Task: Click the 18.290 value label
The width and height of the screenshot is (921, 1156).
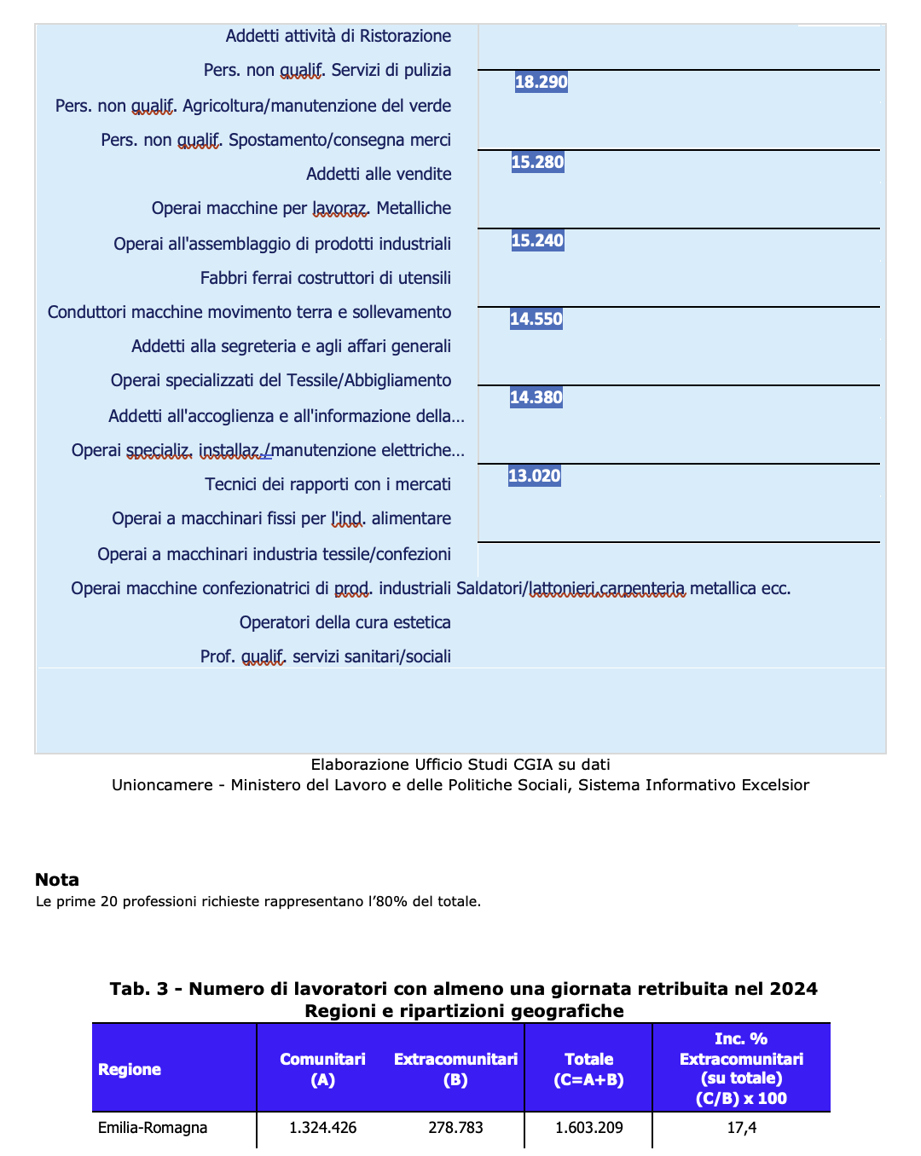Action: [x=542, y=83]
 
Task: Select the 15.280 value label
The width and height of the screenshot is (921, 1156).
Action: [x=537, y=162]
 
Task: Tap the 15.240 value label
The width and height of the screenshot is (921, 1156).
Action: [x=537, y=240]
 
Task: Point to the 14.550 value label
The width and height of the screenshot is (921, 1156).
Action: [x=536, y=320]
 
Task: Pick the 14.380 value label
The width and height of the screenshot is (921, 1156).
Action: [x=536, y=397]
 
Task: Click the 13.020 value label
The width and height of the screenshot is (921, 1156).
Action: [x=535, y=476]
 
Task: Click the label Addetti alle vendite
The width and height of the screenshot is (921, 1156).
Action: [x=379, y=174]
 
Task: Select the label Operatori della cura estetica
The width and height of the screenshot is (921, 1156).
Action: [x=345, y=622]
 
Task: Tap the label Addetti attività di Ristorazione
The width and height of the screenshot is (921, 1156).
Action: [x=338, y=36]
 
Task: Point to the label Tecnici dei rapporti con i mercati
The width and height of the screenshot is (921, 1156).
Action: [x=327, y=484]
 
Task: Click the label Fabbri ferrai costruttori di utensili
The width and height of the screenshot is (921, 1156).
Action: [x=325, y=278]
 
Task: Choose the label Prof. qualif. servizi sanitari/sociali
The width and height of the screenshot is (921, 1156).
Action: [x=325, y=656]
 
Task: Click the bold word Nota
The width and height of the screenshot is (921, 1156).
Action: [x=57, y=880]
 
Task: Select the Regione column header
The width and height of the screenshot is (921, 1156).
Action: [x=130, y=1070]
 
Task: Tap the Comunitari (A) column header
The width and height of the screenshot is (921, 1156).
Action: [x=322, y=1069]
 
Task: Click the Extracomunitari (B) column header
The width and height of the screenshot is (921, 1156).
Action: [x=455, y=1069]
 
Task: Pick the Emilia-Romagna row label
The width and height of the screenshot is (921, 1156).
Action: [x=153, y=1128]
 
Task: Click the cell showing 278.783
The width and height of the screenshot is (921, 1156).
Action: [x=455, y=1128]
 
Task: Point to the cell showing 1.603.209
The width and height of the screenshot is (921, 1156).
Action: [x=588, y=1128]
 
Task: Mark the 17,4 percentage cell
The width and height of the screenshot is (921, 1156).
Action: [x=741, y=1128]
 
